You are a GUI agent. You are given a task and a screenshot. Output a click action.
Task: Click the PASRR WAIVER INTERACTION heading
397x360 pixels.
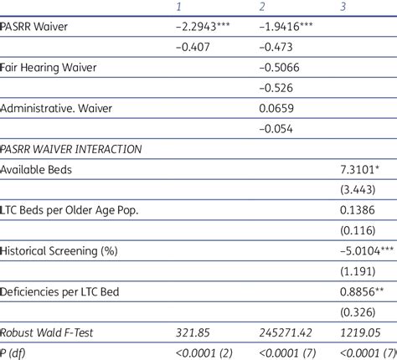[x=70, y=148]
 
